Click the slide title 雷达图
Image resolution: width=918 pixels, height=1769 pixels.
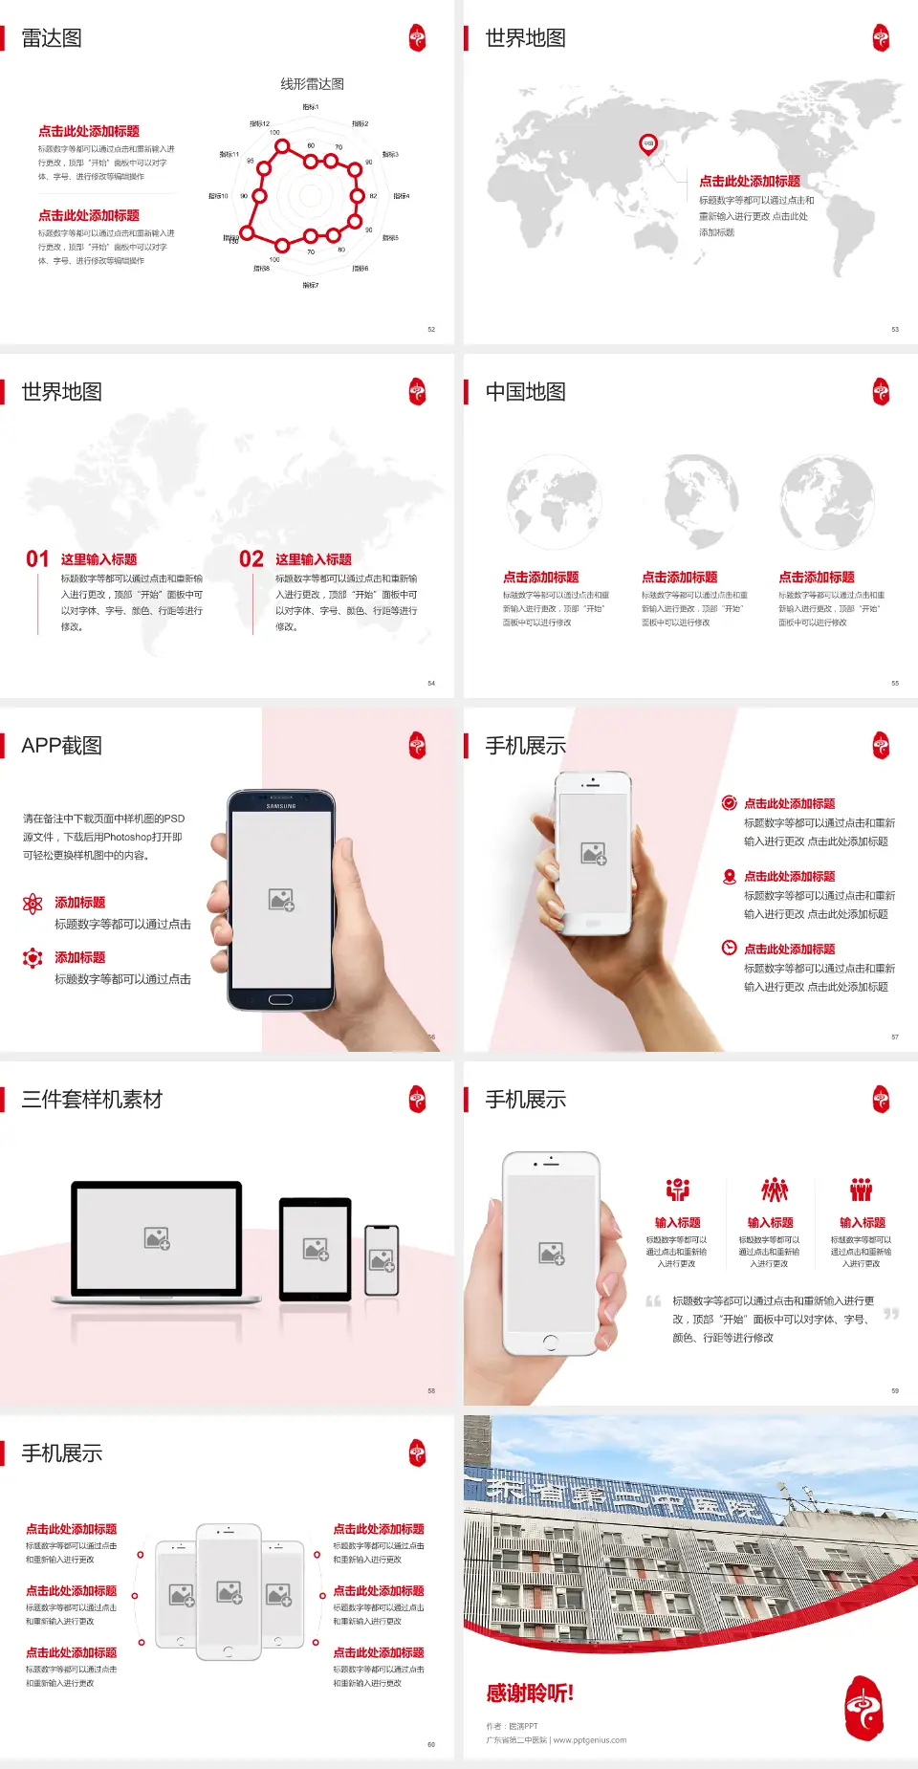coord(52,38)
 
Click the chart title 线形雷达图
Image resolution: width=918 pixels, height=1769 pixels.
coord(312,84)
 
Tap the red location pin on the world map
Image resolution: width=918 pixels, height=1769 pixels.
coord(648,144)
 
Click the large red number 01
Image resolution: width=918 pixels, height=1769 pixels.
coord(37,558)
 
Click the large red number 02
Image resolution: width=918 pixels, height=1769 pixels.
coord(251,558)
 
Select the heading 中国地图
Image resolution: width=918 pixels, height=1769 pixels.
coord(525,392)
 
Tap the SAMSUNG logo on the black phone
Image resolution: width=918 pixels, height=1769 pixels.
coord(281,806)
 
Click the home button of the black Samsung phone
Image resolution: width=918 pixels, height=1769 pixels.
coord(280,999)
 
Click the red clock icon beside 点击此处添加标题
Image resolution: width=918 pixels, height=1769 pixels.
coord(729,948)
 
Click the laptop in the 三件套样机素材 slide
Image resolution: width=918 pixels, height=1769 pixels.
coord(157,1242)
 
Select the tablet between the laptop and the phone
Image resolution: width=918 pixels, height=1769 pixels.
coord(316,1249)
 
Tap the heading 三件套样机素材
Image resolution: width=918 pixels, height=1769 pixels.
coord(92,1100)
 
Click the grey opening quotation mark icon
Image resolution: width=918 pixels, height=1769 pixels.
coord(653,1301)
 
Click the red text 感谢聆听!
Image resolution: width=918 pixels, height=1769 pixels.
coord(530,1693)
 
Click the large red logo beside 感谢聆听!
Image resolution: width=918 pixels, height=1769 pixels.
coord(864,1708)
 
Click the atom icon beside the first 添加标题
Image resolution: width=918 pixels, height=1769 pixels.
coord(33,904)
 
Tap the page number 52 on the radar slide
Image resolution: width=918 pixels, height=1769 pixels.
coord(431,330)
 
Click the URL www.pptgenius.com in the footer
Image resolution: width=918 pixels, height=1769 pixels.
coord(591,1740)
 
